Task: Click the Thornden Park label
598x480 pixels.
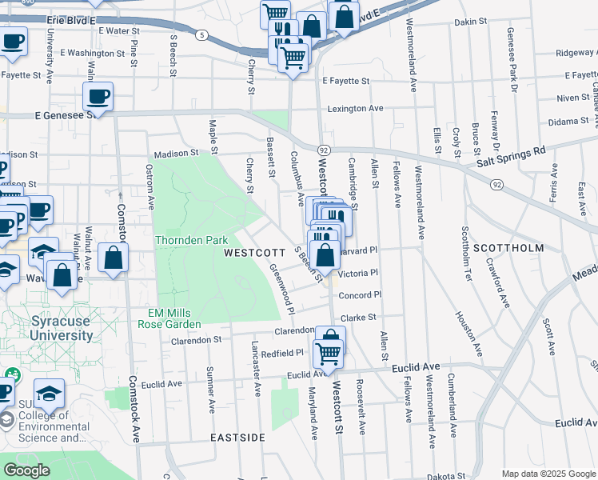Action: (192, 240)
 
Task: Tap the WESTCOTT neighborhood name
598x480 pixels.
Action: (253, 252)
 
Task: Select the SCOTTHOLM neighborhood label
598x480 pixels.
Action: (508, 248)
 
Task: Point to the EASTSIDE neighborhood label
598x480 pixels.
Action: (237, 438)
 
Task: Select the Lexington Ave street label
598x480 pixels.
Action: (355, 108)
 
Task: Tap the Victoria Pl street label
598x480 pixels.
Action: (357, 273)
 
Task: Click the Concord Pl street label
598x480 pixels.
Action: (360, 294)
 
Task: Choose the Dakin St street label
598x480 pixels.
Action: (470, 22)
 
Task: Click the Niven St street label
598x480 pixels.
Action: (572, 98)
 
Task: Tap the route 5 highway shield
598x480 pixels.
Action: (203, 35)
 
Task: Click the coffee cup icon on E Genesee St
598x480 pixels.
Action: (98, 98)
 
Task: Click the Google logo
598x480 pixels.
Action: (27, 470)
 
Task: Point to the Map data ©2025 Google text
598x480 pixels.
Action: (548, 474)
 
